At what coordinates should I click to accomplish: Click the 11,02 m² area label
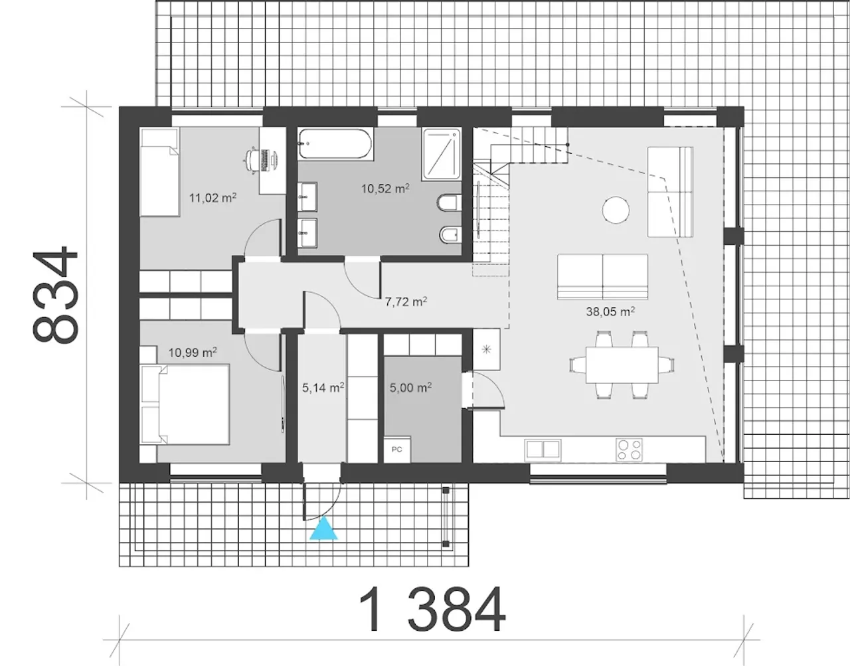(212, 197)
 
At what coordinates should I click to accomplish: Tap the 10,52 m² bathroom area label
(385, 189)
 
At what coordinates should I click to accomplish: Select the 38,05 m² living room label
(610, 311)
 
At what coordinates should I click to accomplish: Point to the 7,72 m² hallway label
(406, 301)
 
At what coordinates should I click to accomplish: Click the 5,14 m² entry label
(323, 388)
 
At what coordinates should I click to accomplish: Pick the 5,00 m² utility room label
(410, 388)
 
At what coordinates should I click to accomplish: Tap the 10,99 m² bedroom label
(193, 353)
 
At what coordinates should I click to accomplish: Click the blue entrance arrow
(323, 528)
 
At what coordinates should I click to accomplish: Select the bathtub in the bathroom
(335, 143)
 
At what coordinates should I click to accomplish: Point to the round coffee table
(616, 210)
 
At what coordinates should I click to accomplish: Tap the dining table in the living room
(622, 365)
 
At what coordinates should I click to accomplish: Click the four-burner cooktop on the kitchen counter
(629, 450)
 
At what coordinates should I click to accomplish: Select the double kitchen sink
(543, 449)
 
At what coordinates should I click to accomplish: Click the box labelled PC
(396, 450)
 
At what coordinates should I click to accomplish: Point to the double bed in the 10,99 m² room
(185, 404)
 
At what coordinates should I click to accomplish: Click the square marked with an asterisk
(487, 349)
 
